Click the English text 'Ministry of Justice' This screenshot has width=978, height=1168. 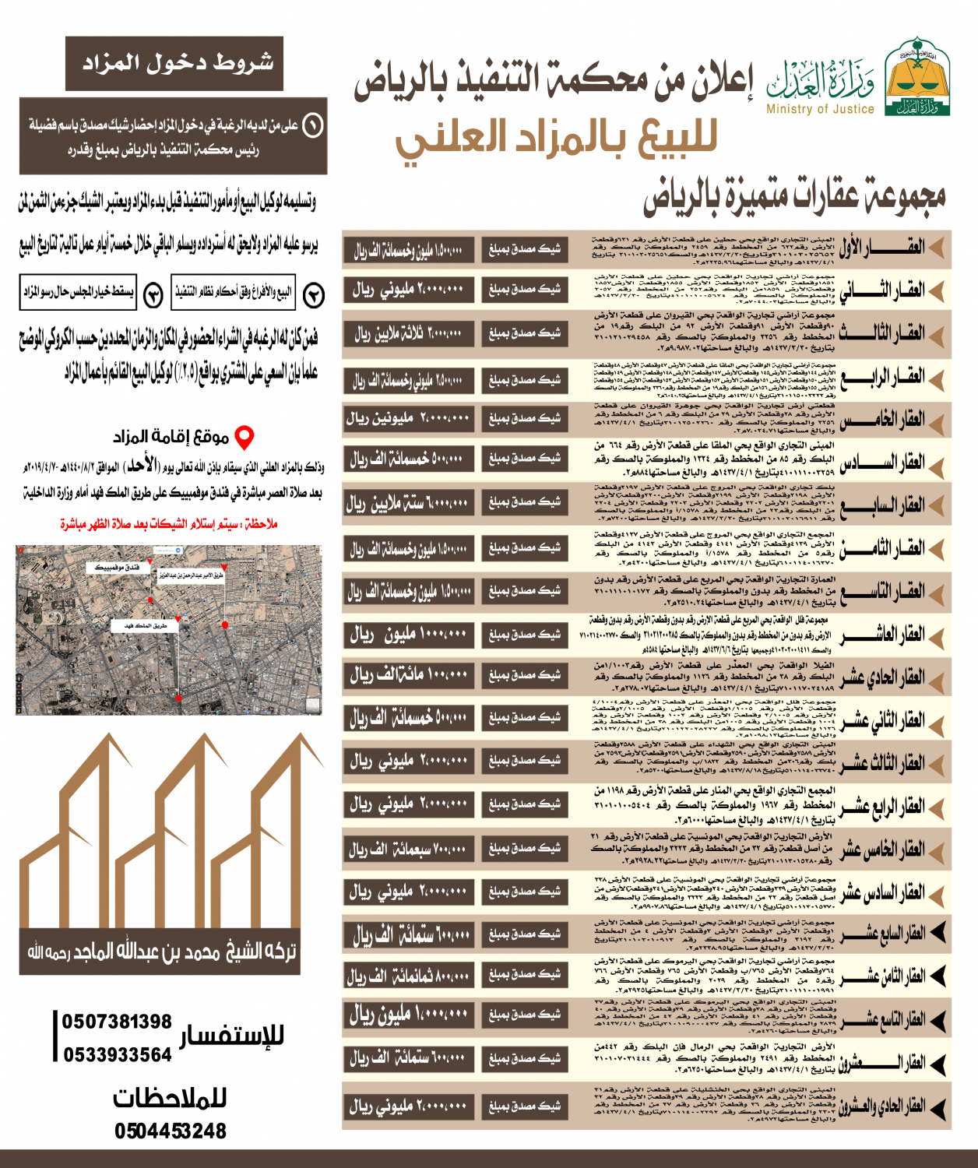[x=820, y=110]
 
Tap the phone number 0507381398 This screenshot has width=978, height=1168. [x=117, y=1022]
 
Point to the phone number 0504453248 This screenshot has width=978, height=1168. [x=171, y=1131]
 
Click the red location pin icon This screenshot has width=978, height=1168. [x=244, y=438]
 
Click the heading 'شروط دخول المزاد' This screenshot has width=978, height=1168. [x=176, y=63]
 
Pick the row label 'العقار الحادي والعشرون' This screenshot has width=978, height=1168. [x=881, y=1106]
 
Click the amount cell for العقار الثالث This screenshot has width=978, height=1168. [x=408, y=334]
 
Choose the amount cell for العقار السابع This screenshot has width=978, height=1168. [x=408, y=503]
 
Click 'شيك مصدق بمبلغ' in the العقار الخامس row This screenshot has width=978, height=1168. [x=524, y=419]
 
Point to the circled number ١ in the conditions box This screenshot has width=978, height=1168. [x=313, y=125]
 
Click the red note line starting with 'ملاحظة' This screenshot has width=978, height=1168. [x=169, y=524]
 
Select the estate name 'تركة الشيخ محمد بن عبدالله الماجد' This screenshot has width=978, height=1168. [x=162, y=952]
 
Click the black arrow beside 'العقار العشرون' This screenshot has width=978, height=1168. [x=938, y=1062]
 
